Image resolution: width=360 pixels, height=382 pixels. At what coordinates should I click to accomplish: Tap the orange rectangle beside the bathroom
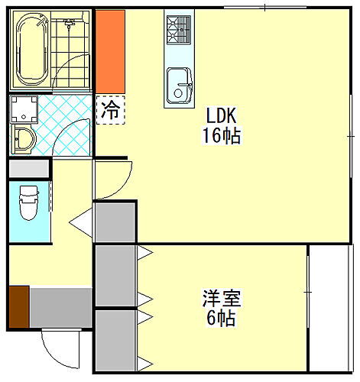click(109, 50)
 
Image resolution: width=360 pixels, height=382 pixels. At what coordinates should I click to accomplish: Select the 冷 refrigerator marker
click(110, 108)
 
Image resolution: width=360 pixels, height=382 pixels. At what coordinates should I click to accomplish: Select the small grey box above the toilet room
click(29, 168)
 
